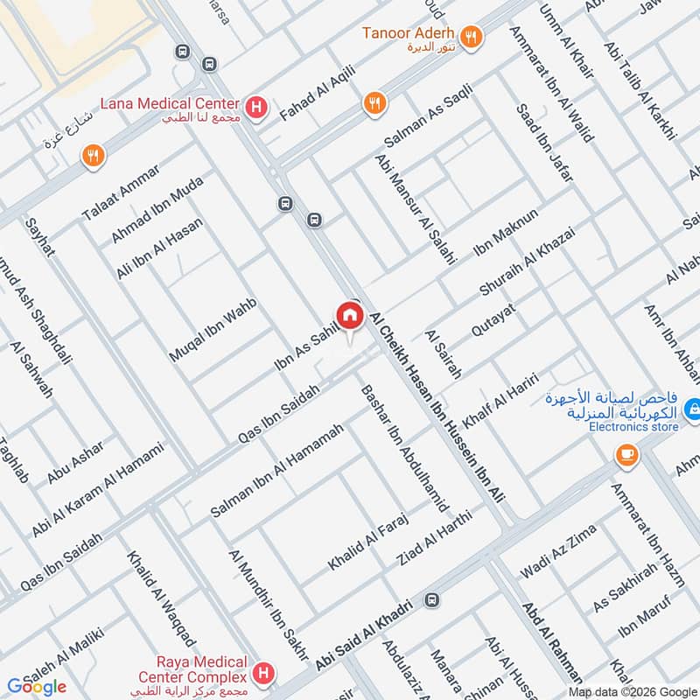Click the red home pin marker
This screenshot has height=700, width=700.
click(349, 315)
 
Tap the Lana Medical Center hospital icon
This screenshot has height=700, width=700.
click(255, 108)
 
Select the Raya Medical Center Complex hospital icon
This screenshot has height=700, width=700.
click(262, 672)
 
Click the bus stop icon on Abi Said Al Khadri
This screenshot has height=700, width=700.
click(431, 601)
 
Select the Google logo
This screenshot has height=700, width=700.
click(37, 687)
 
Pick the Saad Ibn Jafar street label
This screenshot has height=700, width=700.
click(543, 143)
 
